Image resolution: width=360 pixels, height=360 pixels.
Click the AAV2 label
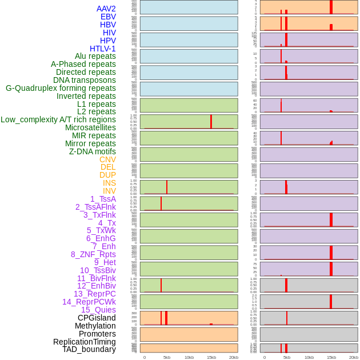coord(106,9)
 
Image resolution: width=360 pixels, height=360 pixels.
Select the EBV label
coord(108,17)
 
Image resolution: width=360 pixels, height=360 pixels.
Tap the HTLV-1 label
coord(103,49)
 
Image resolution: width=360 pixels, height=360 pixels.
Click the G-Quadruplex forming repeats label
coord(61,88)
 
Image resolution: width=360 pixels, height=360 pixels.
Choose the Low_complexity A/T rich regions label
coord(58,119)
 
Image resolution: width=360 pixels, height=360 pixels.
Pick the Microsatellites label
coord(90,127)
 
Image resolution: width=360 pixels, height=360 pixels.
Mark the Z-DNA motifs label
coord(93,151)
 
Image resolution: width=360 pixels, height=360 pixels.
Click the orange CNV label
coord(107,159)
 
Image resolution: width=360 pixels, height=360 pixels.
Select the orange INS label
coord(109,183)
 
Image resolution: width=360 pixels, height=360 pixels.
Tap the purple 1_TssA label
coord(103,199)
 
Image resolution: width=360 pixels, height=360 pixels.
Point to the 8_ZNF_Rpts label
coord(93,254)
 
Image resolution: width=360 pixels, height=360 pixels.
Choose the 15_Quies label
coord(98,310)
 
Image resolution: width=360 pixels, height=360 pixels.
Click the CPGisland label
coord(97,318)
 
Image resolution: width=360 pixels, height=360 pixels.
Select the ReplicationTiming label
coord(85,342)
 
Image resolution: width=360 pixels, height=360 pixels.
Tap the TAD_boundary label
coord(89,349)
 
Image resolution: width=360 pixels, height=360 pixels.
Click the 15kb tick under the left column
coord(211,357)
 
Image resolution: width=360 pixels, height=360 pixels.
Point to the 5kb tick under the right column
coord(287,357)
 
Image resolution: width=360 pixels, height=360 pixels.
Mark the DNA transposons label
coord(85,80)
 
